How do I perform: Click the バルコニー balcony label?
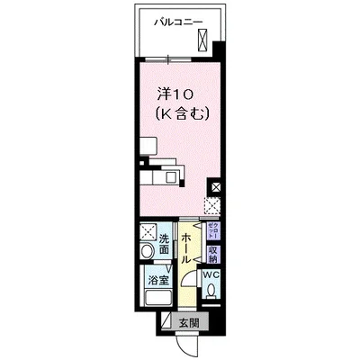176,20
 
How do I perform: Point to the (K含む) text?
182,113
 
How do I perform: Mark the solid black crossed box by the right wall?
215,187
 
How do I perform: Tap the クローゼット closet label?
212,229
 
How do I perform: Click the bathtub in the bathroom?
157,299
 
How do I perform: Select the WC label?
211,275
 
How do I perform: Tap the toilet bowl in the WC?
211,291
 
